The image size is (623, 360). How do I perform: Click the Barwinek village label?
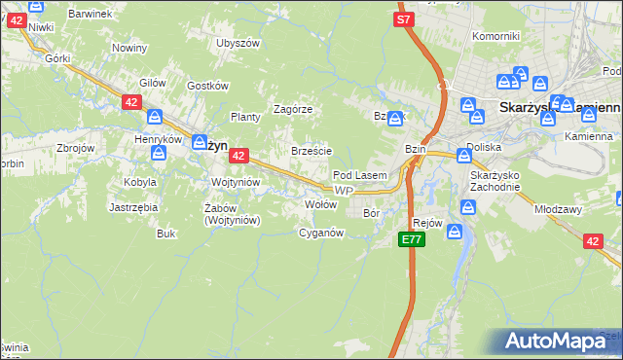[x=92, y=14]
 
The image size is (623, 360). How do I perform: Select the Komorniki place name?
[x=495, y=36]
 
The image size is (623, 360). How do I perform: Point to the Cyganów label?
[x=321, y=233]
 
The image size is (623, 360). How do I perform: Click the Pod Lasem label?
[x=360, y=175]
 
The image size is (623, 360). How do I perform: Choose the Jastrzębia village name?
[x=133, y=207]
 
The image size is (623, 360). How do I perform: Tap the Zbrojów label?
[x=75, y=148]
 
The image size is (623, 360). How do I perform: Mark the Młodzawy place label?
[x=558, y=208]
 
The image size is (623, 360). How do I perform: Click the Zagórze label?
[x=292, y=109]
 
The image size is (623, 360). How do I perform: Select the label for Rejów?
[x=428, y=223]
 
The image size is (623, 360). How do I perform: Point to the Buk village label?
[x=165, y=234]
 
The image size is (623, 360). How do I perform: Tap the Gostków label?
[x=206, y=86]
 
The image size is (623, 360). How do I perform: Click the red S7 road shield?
[x=405, y=18]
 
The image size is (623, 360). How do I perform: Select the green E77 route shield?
[x=412, y=239]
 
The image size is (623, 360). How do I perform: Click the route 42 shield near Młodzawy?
[x=592, y=241]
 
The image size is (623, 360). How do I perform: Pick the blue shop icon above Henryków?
[x=155, y=118]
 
